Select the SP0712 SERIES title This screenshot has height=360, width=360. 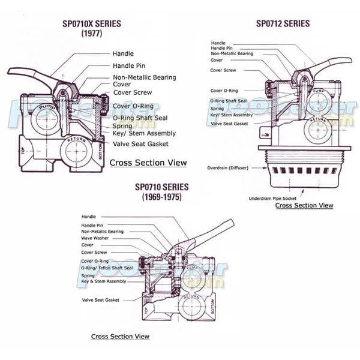pos(283,24)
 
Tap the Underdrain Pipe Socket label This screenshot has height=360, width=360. pos(272,197)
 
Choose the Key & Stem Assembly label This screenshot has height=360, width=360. pos(103,281)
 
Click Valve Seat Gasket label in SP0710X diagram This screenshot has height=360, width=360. pos(140,144)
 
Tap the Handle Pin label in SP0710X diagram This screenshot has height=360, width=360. pos(131,65)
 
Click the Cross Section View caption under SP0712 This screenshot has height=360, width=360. pos(304,206)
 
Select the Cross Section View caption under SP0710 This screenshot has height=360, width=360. pos(119,337)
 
